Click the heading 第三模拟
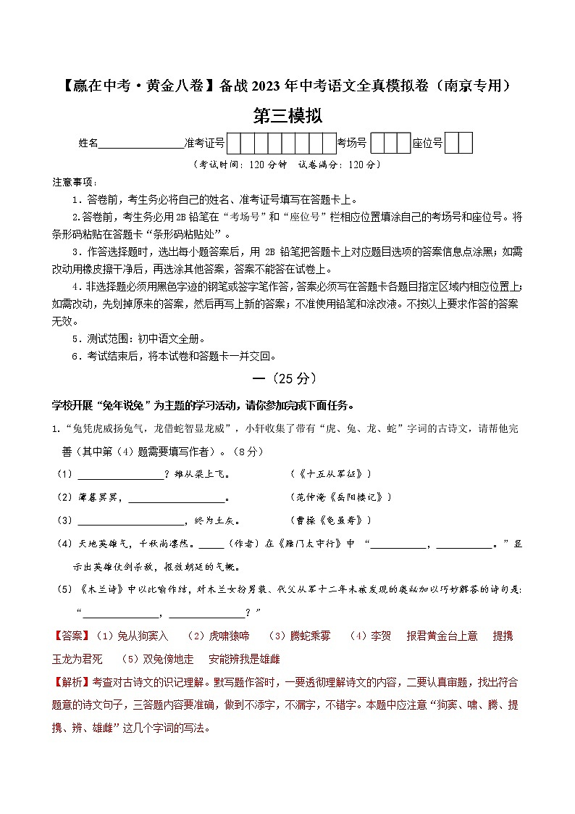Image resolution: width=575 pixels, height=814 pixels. pos(287,115)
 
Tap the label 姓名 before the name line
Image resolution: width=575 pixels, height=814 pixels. pos(88,144)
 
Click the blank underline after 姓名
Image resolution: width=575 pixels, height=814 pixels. pos(140,145)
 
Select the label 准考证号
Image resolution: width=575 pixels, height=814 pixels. pos(206,144)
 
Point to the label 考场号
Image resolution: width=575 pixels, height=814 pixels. pos(353,144)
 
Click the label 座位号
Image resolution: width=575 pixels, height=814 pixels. pos(427,144)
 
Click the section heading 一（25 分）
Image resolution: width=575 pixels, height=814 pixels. pos(287,378)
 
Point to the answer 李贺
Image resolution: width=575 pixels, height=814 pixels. pos(381,636)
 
